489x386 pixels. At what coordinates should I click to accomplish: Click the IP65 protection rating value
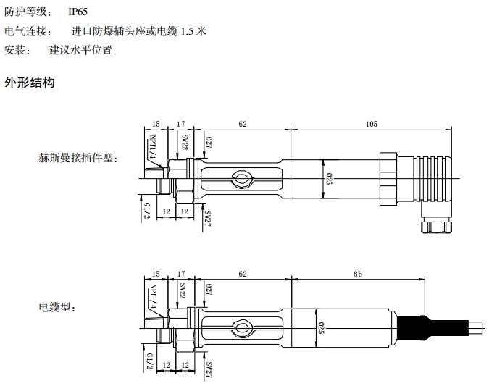click(x=78, y=12)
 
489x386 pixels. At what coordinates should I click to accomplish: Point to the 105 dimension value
click(x=371, y=125)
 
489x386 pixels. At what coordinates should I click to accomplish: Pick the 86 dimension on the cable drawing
click(x=356, y=274)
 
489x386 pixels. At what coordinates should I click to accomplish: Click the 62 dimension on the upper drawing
click(x=243, y=125)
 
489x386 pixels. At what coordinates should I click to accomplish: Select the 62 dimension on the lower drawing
click(x=243, y=274)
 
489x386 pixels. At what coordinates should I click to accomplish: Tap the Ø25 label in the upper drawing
click(x=329, y=178)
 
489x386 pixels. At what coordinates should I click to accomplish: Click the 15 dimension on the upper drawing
click(x=156, y=125)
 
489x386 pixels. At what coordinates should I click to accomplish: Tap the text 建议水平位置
click(x=81, y=50)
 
